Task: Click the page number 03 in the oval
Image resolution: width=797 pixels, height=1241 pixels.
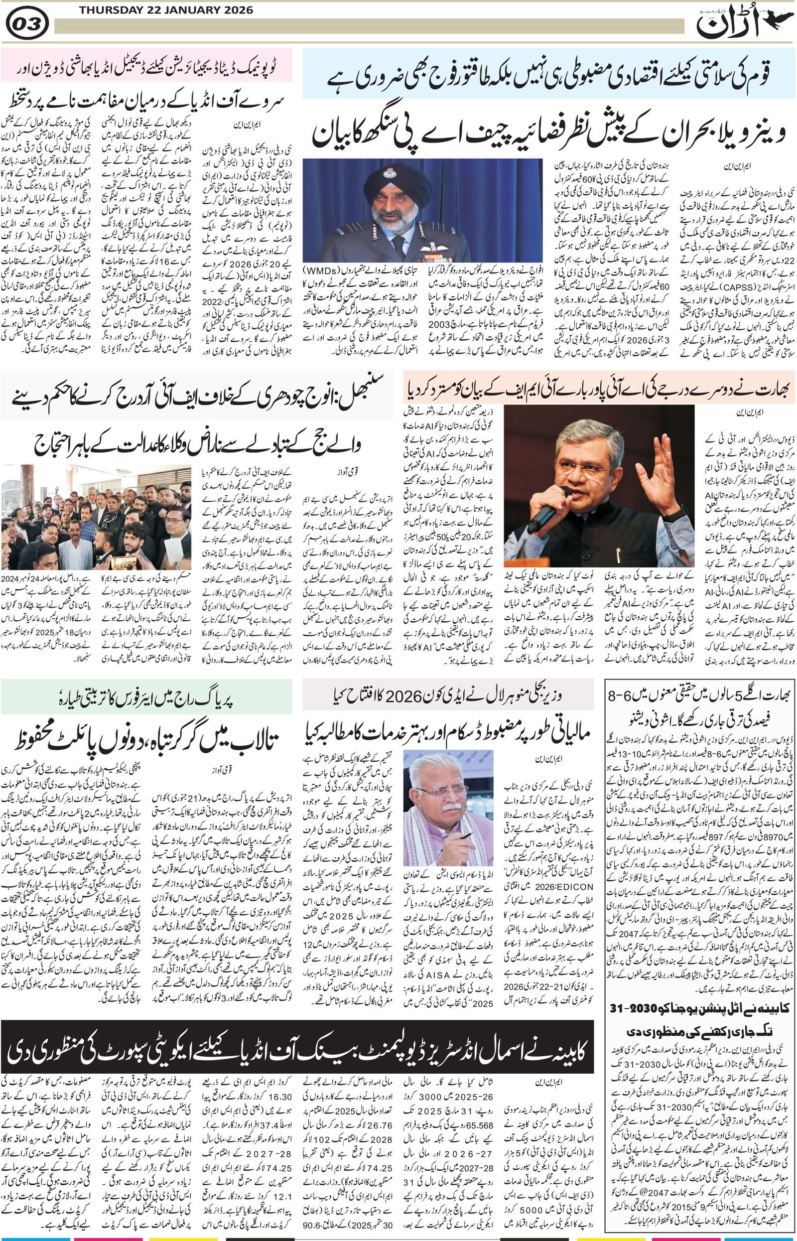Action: click(27, 24)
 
